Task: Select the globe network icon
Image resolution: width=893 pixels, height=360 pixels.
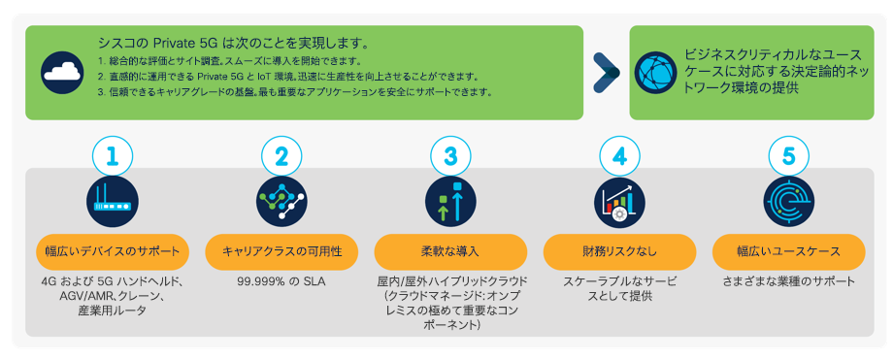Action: [655, 72]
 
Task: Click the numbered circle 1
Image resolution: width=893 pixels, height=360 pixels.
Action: [113, 155]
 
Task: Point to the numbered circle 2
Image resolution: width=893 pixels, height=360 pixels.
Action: [281, 155]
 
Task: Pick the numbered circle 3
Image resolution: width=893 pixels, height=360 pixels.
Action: [450, 155]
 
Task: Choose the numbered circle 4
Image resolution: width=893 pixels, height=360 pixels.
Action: [619, 155]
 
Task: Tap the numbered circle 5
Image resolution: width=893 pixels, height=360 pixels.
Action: [788, 155]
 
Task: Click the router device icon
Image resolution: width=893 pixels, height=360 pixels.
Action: [113, 201]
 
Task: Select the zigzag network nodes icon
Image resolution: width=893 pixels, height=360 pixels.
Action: [281, 201]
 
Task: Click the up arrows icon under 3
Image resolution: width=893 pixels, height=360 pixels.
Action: [450, 201]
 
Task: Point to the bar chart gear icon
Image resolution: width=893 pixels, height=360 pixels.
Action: [619, 201]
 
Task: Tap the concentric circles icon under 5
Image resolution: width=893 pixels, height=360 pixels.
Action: [788, 201]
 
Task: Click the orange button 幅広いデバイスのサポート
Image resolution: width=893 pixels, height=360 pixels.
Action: [113, 251]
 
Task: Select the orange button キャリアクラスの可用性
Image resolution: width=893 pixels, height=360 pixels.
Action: [281, 251]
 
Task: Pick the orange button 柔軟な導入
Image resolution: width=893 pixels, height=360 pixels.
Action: [450, 251]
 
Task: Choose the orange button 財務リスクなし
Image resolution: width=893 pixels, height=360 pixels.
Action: [619, 251]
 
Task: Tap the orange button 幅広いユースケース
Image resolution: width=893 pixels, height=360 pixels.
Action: [788, 251]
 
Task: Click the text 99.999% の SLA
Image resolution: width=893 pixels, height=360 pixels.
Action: [281, 282]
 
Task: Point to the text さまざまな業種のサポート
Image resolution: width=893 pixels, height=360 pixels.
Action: [788, 282]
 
